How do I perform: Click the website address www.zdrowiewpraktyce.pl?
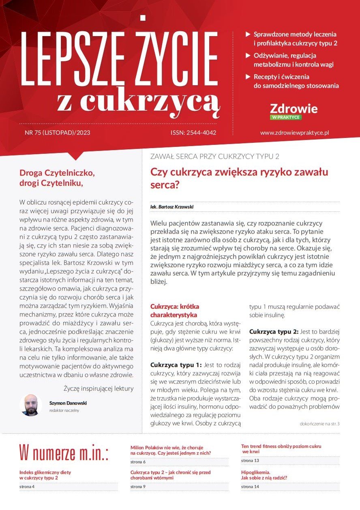click(x=294, y=133)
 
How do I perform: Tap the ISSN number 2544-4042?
click(x=194, y=133)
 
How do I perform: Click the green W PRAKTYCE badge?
click(x=285, y=117)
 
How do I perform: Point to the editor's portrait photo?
click(x=31, y=405)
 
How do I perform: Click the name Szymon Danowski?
click(x=68, y=403)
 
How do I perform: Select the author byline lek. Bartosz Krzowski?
click(x=171, y=207)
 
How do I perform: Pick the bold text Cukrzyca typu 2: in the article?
click(x=274, y=331)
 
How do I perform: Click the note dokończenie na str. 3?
click(x=319, y=424)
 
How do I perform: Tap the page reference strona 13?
click(x=250, y=461)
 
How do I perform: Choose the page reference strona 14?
click(x=250, y=486)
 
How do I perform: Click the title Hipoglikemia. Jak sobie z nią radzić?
click(x=264, y=475)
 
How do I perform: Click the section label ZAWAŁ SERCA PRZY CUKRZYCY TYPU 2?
click(x=214, y=157)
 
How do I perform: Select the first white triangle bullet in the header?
click(x=248, y=34)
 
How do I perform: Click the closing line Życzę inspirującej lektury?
click(x=99, y=388)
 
